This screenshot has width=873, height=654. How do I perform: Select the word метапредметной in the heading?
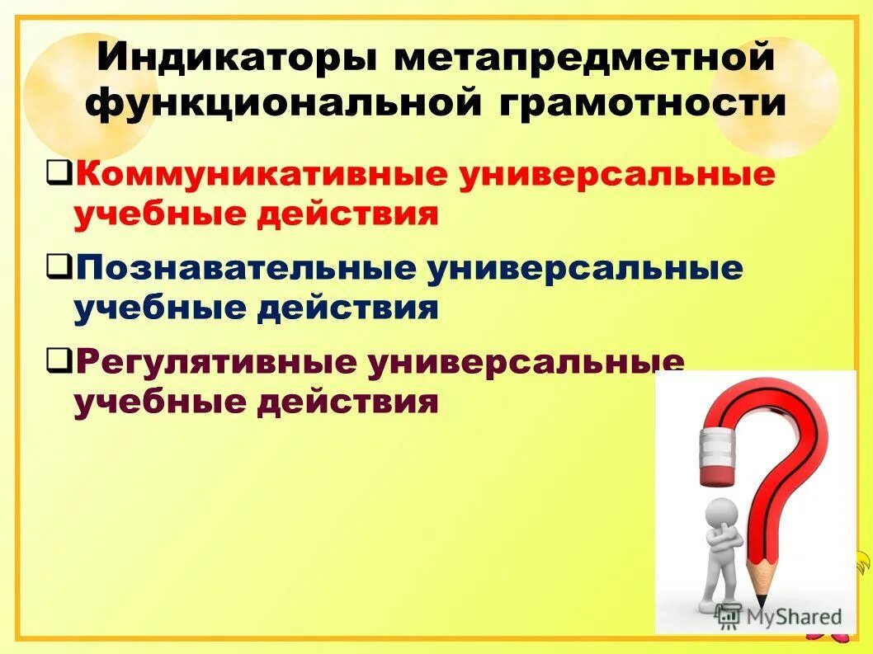tap(583, 59)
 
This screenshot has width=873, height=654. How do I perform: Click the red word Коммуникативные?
tap(262, 175)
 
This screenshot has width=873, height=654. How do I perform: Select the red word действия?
tap(347, 215)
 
